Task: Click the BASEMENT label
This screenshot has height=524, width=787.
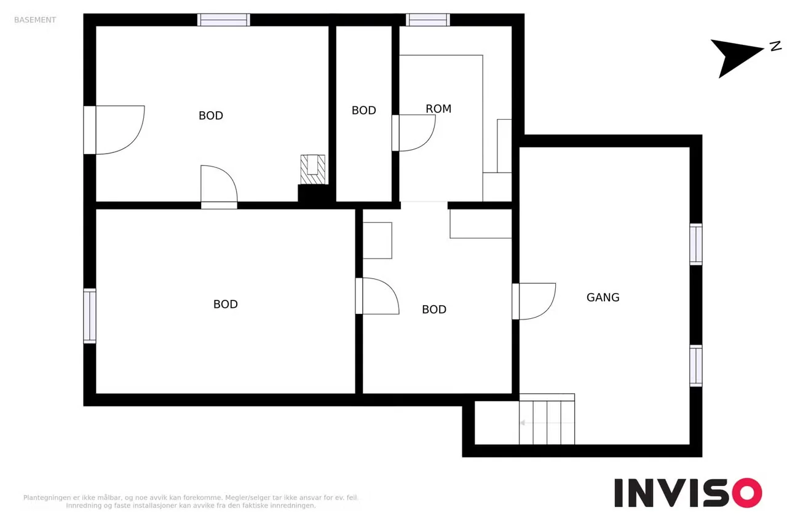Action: pos(35,20)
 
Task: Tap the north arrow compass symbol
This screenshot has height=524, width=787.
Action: pos(737,56)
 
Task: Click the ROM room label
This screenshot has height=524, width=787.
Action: pos(438,109)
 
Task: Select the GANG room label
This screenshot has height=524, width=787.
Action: pos(603,297)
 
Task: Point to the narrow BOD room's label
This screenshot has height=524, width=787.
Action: pos(363,111)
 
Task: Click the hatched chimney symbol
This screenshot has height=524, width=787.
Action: pos(313,170)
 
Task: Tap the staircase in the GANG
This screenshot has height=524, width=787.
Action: pos(547,419)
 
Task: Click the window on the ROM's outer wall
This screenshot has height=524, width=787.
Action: pos(428,20)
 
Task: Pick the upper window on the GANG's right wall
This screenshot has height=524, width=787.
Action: pos(695,244)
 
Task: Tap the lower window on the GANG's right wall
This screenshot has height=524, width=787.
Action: pos(695,366)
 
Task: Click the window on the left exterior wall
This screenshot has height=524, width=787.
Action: pos(90,316)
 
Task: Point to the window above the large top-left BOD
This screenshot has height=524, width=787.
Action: pos(223,20)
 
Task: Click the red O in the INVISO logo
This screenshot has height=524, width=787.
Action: pos(747,493)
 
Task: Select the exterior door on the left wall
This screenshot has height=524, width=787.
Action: pos(114,130)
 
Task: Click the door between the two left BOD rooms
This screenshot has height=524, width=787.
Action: pos(219,187)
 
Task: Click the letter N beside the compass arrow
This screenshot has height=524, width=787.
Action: pos(775,46)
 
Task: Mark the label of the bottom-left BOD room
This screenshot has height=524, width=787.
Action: pos(226,304)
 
